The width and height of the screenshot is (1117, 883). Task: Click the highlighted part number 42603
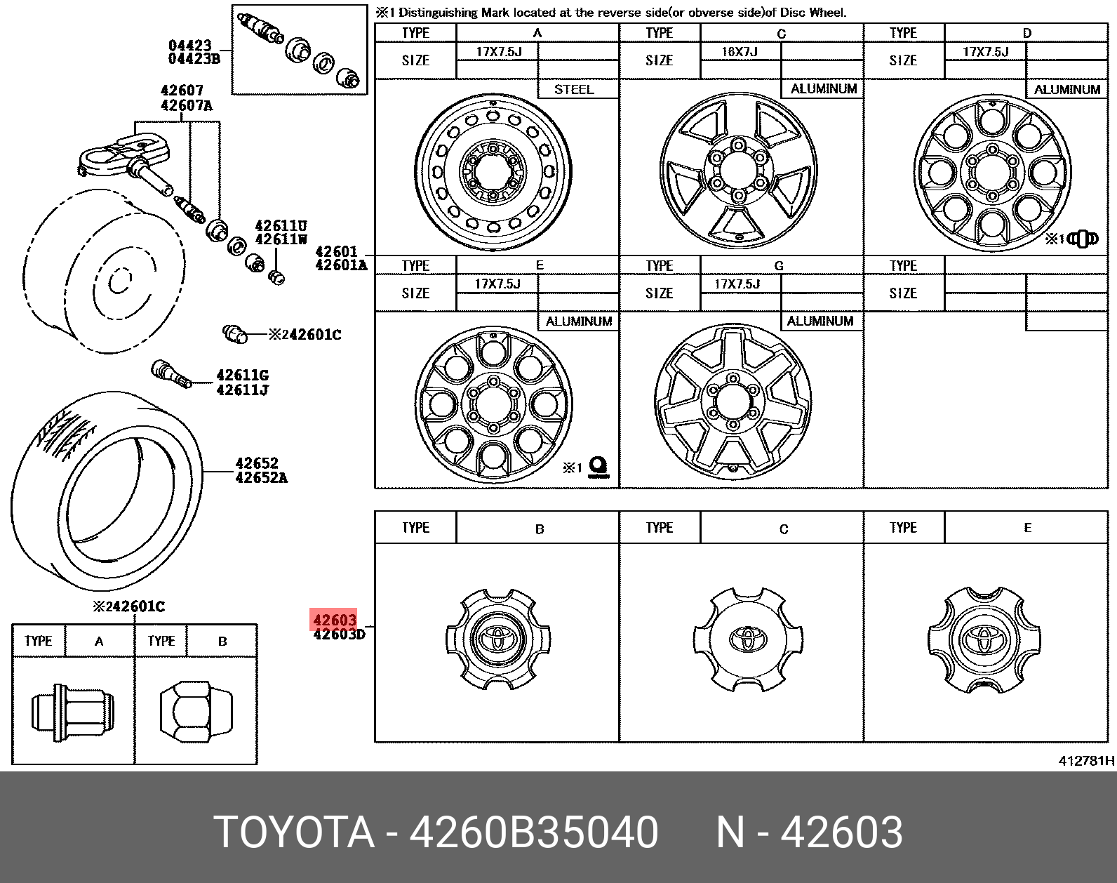(x=334, y=620)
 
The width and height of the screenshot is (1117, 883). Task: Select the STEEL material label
(x=574, y=89)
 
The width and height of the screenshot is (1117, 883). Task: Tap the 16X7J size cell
(x=740, y=51)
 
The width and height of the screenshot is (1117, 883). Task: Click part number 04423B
(x=194, y=59)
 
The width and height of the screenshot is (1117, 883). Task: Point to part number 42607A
(x=187, y=105)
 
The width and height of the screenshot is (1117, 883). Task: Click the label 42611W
(x=281, y=239)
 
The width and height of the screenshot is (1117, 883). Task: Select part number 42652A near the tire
(x=262, y=477)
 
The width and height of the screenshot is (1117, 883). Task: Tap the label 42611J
(x=242, y=390)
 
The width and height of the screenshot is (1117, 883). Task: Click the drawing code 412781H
(x=1085, y=760)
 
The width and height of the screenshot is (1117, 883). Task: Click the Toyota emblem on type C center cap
(x=749, y=638)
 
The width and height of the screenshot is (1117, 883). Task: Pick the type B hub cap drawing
(x=498, y=639)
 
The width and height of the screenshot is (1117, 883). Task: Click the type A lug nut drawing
(x=73, y=711)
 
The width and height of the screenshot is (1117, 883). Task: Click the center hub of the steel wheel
(x=493, y=171)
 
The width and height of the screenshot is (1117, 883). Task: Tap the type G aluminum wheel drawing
(x=733, y=402)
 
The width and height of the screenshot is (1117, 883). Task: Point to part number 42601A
(x=341, y=265)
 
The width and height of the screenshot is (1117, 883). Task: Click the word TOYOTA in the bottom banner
(x=293, y=832)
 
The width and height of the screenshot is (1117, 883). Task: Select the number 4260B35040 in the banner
(x=533, y=832)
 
